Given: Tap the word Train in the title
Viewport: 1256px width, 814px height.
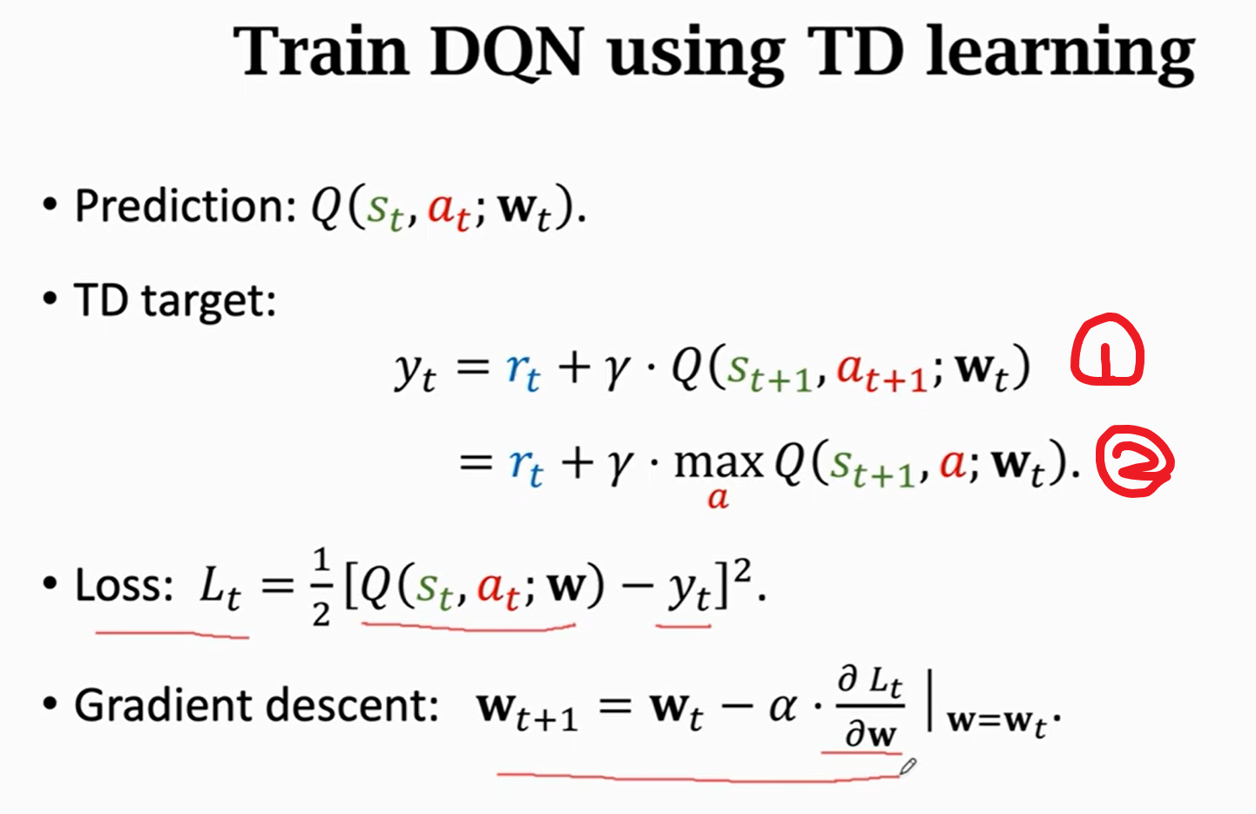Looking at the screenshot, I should pyautogui.click(x=321, y=52).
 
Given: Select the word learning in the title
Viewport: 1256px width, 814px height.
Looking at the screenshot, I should pyautogui.click(x=1060, y=52).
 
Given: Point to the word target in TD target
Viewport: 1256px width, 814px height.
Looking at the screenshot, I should pyautogui.click(x=208, y=301).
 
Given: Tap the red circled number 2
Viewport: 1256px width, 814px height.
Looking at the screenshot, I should pyautogui.click(x=1134, y=461).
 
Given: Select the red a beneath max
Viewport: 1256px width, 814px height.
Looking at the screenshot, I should pyautogui.click(x=718, y=498).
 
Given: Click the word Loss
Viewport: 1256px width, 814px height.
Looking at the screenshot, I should pyautogui.click(x=125, y=585).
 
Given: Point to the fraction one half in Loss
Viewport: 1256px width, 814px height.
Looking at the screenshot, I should pyautogui.click(x=321, y=587).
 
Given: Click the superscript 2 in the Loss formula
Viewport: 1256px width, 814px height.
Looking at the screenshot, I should pyautogui.click(x=742, y=570).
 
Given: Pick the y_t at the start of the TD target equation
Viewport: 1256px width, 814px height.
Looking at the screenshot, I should pyautogui.click(x=415, y=371).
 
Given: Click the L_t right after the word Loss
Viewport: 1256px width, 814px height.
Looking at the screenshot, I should pyautogui.click(x=220, y=587).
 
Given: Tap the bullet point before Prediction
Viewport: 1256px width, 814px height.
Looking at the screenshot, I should pyautogui.click(x=50, y=206).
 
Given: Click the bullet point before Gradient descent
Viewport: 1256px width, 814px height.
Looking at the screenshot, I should pyautogui.click(x=50, y=704).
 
